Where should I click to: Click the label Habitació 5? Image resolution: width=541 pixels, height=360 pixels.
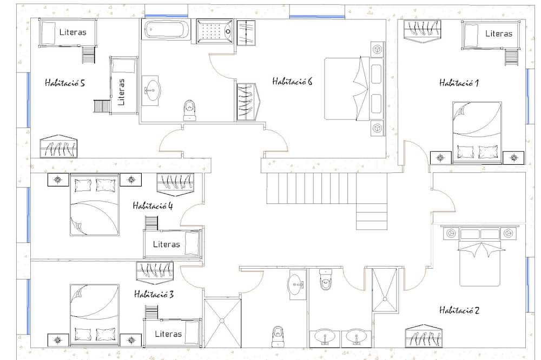64,83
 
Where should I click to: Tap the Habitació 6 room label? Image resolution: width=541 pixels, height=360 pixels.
292,82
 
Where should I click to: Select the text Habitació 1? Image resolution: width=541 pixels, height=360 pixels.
459,83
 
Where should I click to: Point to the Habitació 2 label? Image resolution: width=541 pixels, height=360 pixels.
459,310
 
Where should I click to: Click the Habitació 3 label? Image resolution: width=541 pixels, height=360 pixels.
154,294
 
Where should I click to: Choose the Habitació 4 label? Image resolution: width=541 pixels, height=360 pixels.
153,206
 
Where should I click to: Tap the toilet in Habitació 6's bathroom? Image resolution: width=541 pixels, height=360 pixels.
189,110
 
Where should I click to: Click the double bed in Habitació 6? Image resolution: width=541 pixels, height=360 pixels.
354,89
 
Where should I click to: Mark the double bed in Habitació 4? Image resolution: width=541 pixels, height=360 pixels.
95,204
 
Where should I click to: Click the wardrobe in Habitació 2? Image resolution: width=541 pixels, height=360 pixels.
424,336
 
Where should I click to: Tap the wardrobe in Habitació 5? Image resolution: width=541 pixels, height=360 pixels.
58,146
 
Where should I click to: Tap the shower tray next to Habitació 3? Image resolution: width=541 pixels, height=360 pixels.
222,323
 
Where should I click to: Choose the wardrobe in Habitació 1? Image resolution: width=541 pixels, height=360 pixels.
423,31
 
